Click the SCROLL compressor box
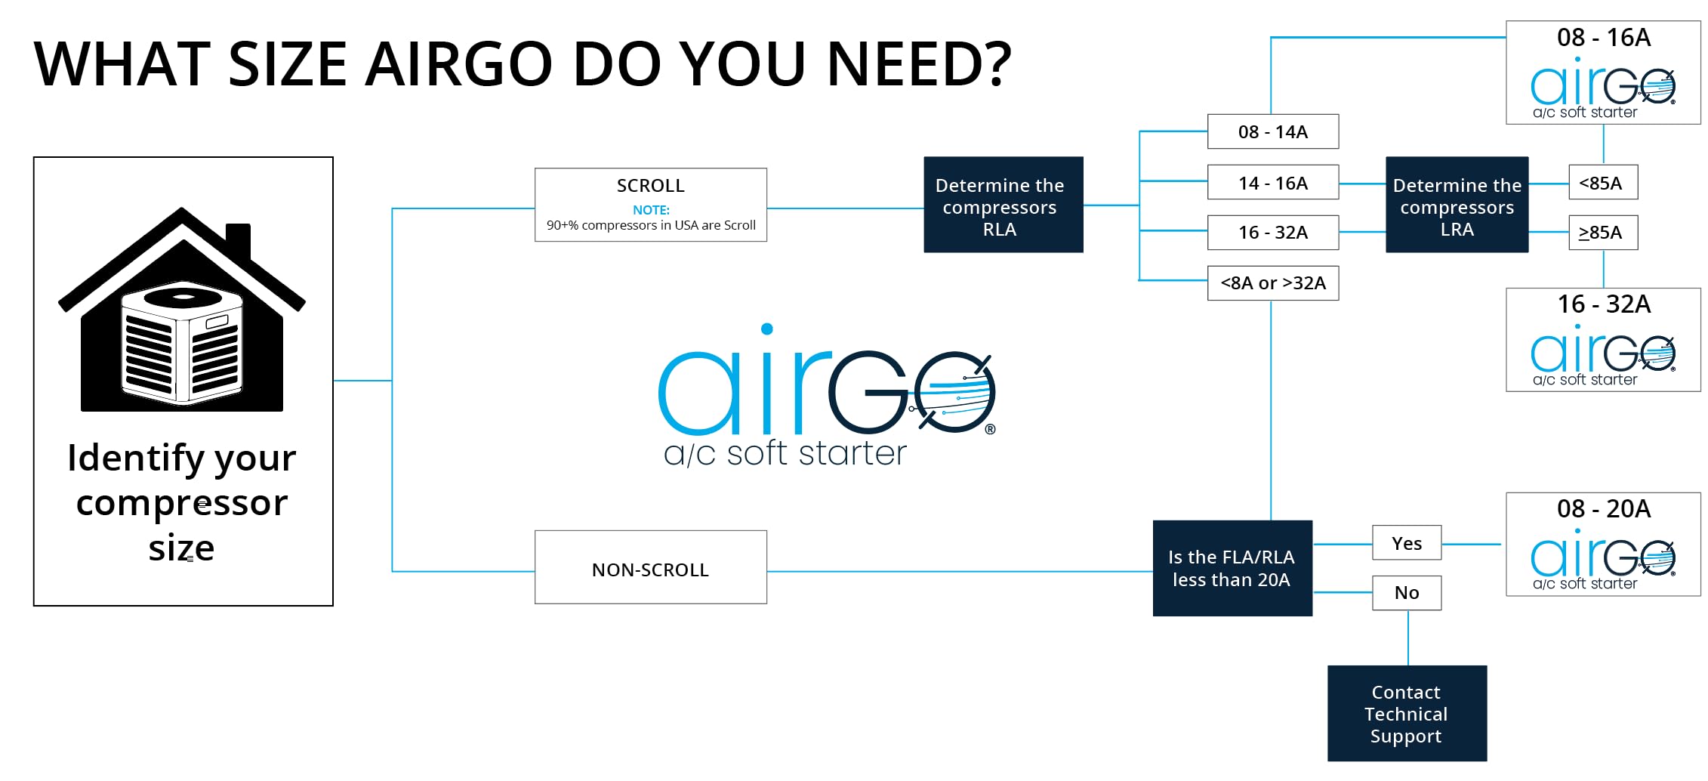coord(650,204)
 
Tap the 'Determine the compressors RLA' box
coord(1003,205)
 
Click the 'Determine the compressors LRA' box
coord(1457,205)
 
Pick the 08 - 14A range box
coord(1272,131)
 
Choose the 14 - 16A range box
coord(1272,182)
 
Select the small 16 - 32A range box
coord(1272,232)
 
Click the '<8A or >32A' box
coord(1272,282)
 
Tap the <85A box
coord(1602,182)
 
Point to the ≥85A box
coord(1602,232)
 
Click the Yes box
coord(1406,542)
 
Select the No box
coord(1406,592)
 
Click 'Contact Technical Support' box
coord(1407,713)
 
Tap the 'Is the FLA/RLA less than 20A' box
coord(1232,568)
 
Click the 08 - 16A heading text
coord(1603,37)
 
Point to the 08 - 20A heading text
coord(1603,508)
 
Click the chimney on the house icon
coord(238,240)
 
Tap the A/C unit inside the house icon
coord(182,344)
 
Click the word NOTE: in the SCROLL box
coord(651,210)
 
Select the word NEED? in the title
coord(919,63)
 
